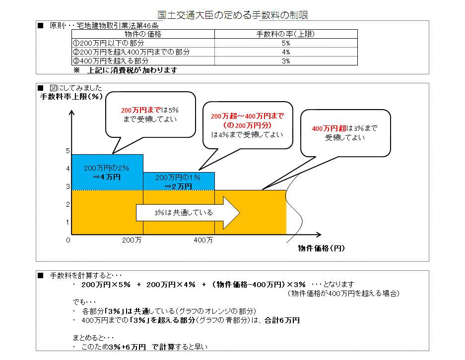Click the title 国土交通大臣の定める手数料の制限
233,15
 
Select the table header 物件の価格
143,34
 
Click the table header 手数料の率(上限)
285,34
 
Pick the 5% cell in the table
286,43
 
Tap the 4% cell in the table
286,52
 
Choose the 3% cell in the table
286,61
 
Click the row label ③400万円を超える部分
111,61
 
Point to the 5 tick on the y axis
68,151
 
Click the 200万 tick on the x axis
132,240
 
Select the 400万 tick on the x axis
203,240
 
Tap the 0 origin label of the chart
68,240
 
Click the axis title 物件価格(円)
322,248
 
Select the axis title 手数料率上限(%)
71,97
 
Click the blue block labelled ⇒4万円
107,172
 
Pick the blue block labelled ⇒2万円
179,181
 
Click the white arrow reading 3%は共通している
188,213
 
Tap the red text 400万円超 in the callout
329,128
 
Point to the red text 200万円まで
141,110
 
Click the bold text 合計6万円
282,320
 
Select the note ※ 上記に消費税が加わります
126,70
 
